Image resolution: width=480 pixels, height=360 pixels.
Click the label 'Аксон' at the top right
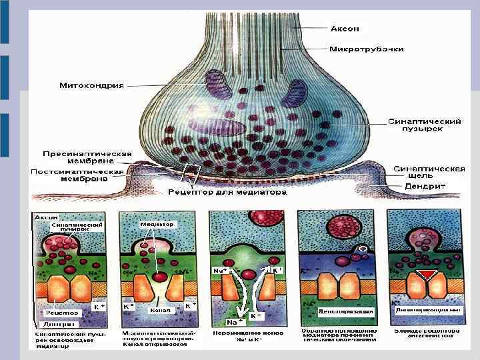[345, 29]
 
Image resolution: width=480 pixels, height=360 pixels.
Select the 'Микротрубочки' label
[365, 49]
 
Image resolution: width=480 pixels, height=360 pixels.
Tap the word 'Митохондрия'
[91, 86]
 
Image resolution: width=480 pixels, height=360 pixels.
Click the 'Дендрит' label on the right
[425, 187]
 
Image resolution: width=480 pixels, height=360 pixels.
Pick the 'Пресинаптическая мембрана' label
[79, 157]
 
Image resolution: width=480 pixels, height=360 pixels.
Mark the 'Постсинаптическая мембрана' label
[77, 175]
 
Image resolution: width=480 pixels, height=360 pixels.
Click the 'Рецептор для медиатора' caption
[227, 193]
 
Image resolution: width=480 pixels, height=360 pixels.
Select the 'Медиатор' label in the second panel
[157, 224]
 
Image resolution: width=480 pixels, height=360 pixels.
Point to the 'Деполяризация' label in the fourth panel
[336, 311]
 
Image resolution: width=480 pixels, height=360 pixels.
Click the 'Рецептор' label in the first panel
[63, 312]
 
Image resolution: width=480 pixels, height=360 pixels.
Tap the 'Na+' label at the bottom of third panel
[235, 322]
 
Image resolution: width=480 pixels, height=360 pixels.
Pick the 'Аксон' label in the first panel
[47, 217]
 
